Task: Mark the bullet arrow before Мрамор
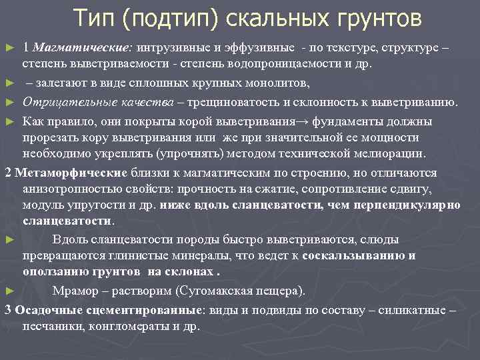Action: click(x=7, y=291)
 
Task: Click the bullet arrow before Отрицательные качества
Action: click(x=7, y=103)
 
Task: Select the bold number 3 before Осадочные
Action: click(x=7, y=310)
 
